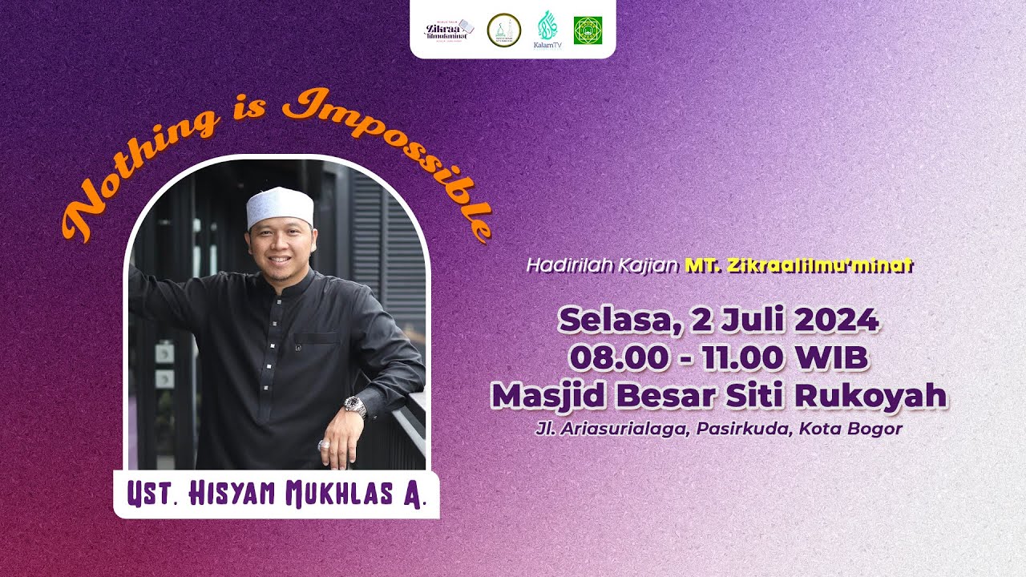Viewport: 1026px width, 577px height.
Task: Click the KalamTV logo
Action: (x=547, y=30)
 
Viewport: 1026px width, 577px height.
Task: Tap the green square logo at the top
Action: (x=588, y=30)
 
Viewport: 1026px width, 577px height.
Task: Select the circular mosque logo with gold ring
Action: (x=504, y=30)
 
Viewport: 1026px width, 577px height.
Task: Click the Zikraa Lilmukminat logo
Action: (x=449, y=29)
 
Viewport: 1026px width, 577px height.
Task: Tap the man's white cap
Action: (x=279, y=207)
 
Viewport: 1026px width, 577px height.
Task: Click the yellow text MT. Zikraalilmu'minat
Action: (x=798, y=265)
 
